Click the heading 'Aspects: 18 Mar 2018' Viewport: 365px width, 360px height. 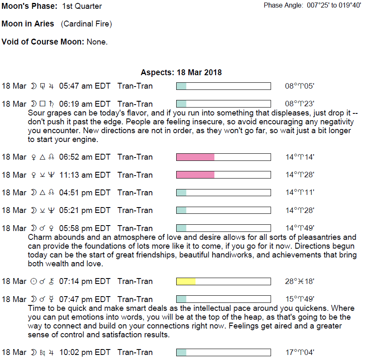(x=181, y=72)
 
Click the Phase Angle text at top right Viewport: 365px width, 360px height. (x=312, y=5)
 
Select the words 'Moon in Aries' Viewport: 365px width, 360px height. (x=28, y=24)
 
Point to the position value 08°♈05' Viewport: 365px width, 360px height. (x=300, y=86)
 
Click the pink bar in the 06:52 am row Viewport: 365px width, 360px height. (x=195, y=157)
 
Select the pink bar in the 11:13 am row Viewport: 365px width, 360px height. (x=195, y=175)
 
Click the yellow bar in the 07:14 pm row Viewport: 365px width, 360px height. (x=186, y=281)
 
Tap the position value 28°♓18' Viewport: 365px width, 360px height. (x=300, y=281)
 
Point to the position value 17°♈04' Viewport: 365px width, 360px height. (x=300, y=352)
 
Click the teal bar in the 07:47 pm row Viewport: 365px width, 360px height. (x=181, y=299)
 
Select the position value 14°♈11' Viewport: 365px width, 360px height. (x=300, y=192)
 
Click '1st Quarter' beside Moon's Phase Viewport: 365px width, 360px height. (x=82, y=6)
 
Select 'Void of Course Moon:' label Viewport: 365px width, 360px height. (x=43, y=42)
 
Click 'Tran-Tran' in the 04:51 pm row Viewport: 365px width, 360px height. (x=135, y=192)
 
